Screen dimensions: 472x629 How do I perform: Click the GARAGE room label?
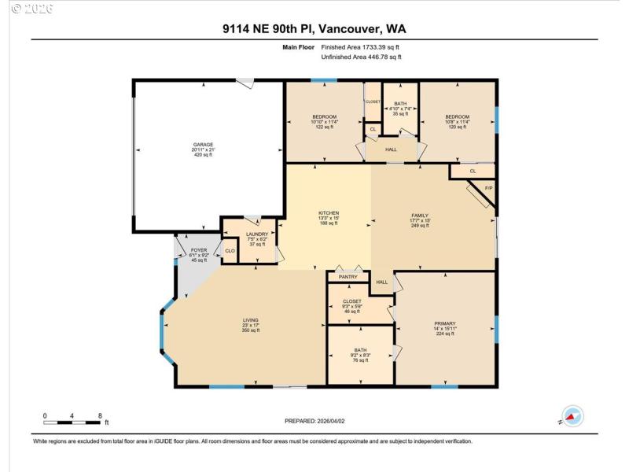204,145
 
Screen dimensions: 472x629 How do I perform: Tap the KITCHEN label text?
328,213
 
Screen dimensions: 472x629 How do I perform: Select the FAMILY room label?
420,215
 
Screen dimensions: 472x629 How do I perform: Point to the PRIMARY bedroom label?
445,323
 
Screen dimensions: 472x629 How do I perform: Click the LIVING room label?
250,320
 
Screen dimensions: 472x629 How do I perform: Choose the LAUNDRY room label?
258,234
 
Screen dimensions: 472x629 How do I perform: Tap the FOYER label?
198,250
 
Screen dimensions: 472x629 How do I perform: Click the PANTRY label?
348,277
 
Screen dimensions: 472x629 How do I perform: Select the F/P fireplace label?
488,188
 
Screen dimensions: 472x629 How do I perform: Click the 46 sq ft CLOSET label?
351,301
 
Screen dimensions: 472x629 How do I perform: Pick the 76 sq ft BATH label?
360,350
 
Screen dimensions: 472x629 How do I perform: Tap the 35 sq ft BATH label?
400,104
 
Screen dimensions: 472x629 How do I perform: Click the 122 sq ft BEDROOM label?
324,117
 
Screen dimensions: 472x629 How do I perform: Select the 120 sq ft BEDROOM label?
458,117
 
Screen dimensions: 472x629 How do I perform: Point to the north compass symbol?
572,416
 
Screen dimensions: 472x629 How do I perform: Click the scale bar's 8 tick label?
100,415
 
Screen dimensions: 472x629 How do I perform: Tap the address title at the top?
314,30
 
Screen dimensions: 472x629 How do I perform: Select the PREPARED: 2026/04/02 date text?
314,422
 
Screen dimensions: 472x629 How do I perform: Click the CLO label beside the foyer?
230,251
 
